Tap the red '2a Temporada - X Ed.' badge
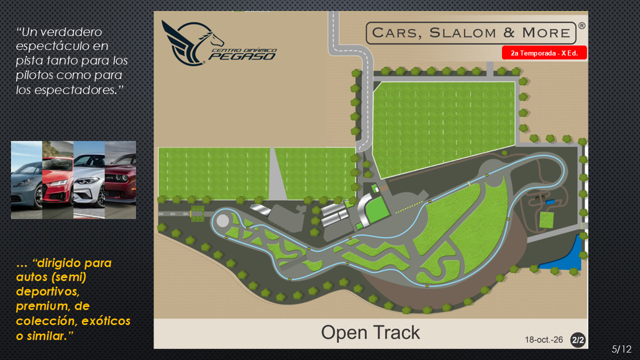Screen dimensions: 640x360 pyautogui.click(x=544, y=53)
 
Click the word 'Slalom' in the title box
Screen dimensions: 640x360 pyautogui.click(x=462, y=33)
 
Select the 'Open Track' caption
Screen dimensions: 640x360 pyautogui.click(x=370, y=332)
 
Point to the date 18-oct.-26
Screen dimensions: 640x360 pyautogui.click(x=543, y=339)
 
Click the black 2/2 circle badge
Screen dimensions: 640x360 pyautogui.click(x=577, y=339)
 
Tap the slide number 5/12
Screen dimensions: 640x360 pyautogui.click(x=621, y=349)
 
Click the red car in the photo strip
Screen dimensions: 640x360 pyautogui.click(x=57, y=180)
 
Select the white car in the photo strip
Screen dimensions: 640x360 pyautogui.click(x=89, y=180)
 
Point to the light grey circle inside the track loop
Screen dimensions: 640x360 pyautogui.click(x=222, y=221)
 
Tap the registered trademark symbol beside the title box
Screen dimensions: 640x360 pyautogui.click(x=581, y=26)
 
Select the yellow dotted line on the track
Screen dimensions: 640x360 pyautogui.click(x=409, y=207)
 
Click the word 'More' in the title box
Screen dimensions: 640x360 pyautogui.click(x=546, y=33)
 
